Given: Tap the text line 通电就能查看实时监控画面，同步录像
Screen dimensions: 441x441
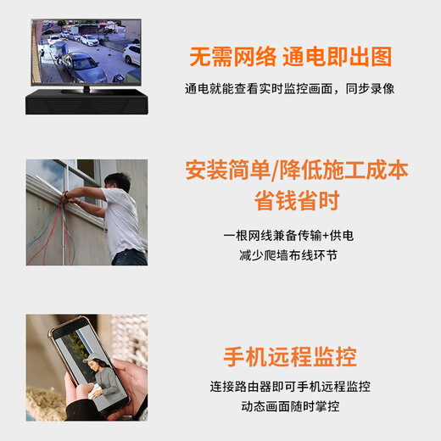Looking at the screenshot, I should pos(289,88).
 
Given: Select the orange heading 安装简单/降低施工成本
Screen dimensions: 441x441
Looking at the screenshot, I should pos(296,170).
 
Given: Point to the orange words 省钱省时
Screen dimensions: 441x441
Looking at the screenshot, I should pos(296,201).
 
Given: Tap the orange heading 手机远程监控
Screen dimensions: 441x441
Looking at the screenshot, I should pos(289,355).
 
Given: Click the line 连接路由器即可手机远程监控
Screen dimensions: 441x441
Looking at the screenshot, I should pos(289,386).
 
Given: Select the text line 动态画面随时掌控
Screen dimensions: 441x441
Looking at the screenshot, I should pos(289,406).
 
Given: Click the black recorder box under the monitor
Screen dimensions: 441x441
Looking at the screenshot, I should pos(86,103).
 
